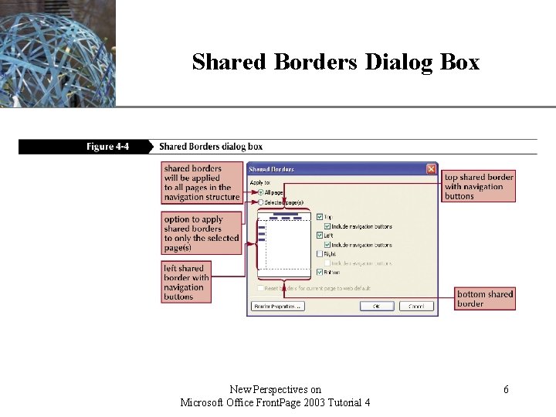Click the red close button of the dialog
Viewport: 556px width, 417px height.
click(x=431, y=169)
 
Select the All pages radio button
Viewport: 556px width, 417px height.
click(x=260, y=192)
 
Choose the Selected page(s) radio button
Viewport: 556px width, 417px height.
click(x=260, y=202)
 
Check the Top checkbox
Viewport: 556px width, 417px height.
click(x=320, y=217)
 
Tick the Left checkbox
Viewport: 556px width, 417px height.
click(x=320, y=236)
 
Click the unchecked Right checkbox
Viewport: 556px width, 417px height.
click(x=320, y=253)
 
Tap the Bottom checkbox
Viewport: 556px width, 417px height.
click(x=320, y=272)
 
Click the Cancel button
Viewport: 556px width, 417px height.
click(x=416, y=306)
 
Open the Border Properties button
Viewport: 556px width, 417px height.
click(x=276, y=306)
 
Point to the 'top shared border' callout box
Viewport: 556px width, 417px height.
click(x=479, y=187)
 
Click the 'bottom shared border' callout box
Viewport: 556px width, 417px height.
click(x=485, y=299)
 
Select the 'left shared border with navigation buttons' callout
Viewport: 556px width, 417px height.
click(x=185, y=283)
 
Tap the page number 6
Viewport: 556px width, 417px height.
click(x=506, y=390)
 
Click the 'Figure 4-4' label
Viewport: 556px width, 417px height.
click(x=107, y=147)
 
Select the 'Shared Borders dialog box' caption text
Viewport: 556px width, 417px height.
click(x=210, y=147)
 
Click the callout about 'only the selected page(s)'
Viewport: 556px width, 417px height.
click(x=201, y=233)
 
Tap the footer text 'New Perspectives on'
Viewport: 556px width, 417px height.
click(x=275, y=390)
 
